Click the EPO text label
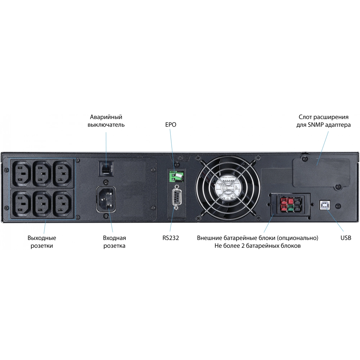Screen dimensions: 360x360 [x=171, y=124]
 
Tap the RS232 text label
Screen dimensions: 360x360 [x=171, y=238]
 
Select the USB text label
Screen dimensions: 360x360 [x=346, y=238]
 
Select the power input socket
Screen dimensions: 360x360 [x=106, y=199]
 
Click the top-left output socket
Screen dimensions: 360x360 [x=22, y=173]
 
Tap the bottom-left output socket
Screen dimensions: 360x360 [x=22, y=203]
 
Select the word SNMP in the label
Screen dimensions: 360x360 [x=314, y=125]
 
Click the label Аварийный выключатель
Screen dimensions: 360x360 [x=106, y=121]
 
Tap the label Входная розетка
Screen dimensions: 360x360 [x=114, y=242]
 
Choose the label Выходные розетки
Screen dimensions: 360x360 [x=42, y=242]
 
